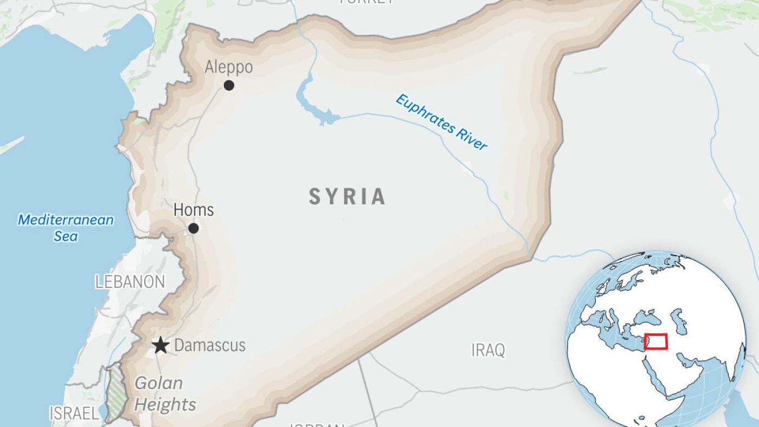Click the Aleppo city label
click(x=228, y=67)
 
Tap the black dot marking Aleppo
click(x=229, y=85)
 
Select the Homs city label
click(x=194, y=210)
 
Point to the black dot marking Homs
click(x=193, y=229)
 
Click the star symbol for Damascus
click(x=160, y=345)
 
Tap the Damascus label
click(x=210, y=345)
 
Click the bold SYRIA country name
click(x=347, y=196)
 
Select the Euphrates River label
click(x=441, y=122)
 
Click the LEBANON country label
click(x=130, y=282)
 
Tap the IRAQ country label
click(x=488, y=350)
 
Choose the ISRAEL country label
click(x=74, y=413)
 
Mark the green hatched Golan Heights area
click(x=114, y=393)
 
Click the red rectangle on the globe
click(x=655, y=341)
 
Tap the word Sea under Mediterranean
click(x=66, y=237)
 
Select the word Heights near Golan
click(x=165, y=405)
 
